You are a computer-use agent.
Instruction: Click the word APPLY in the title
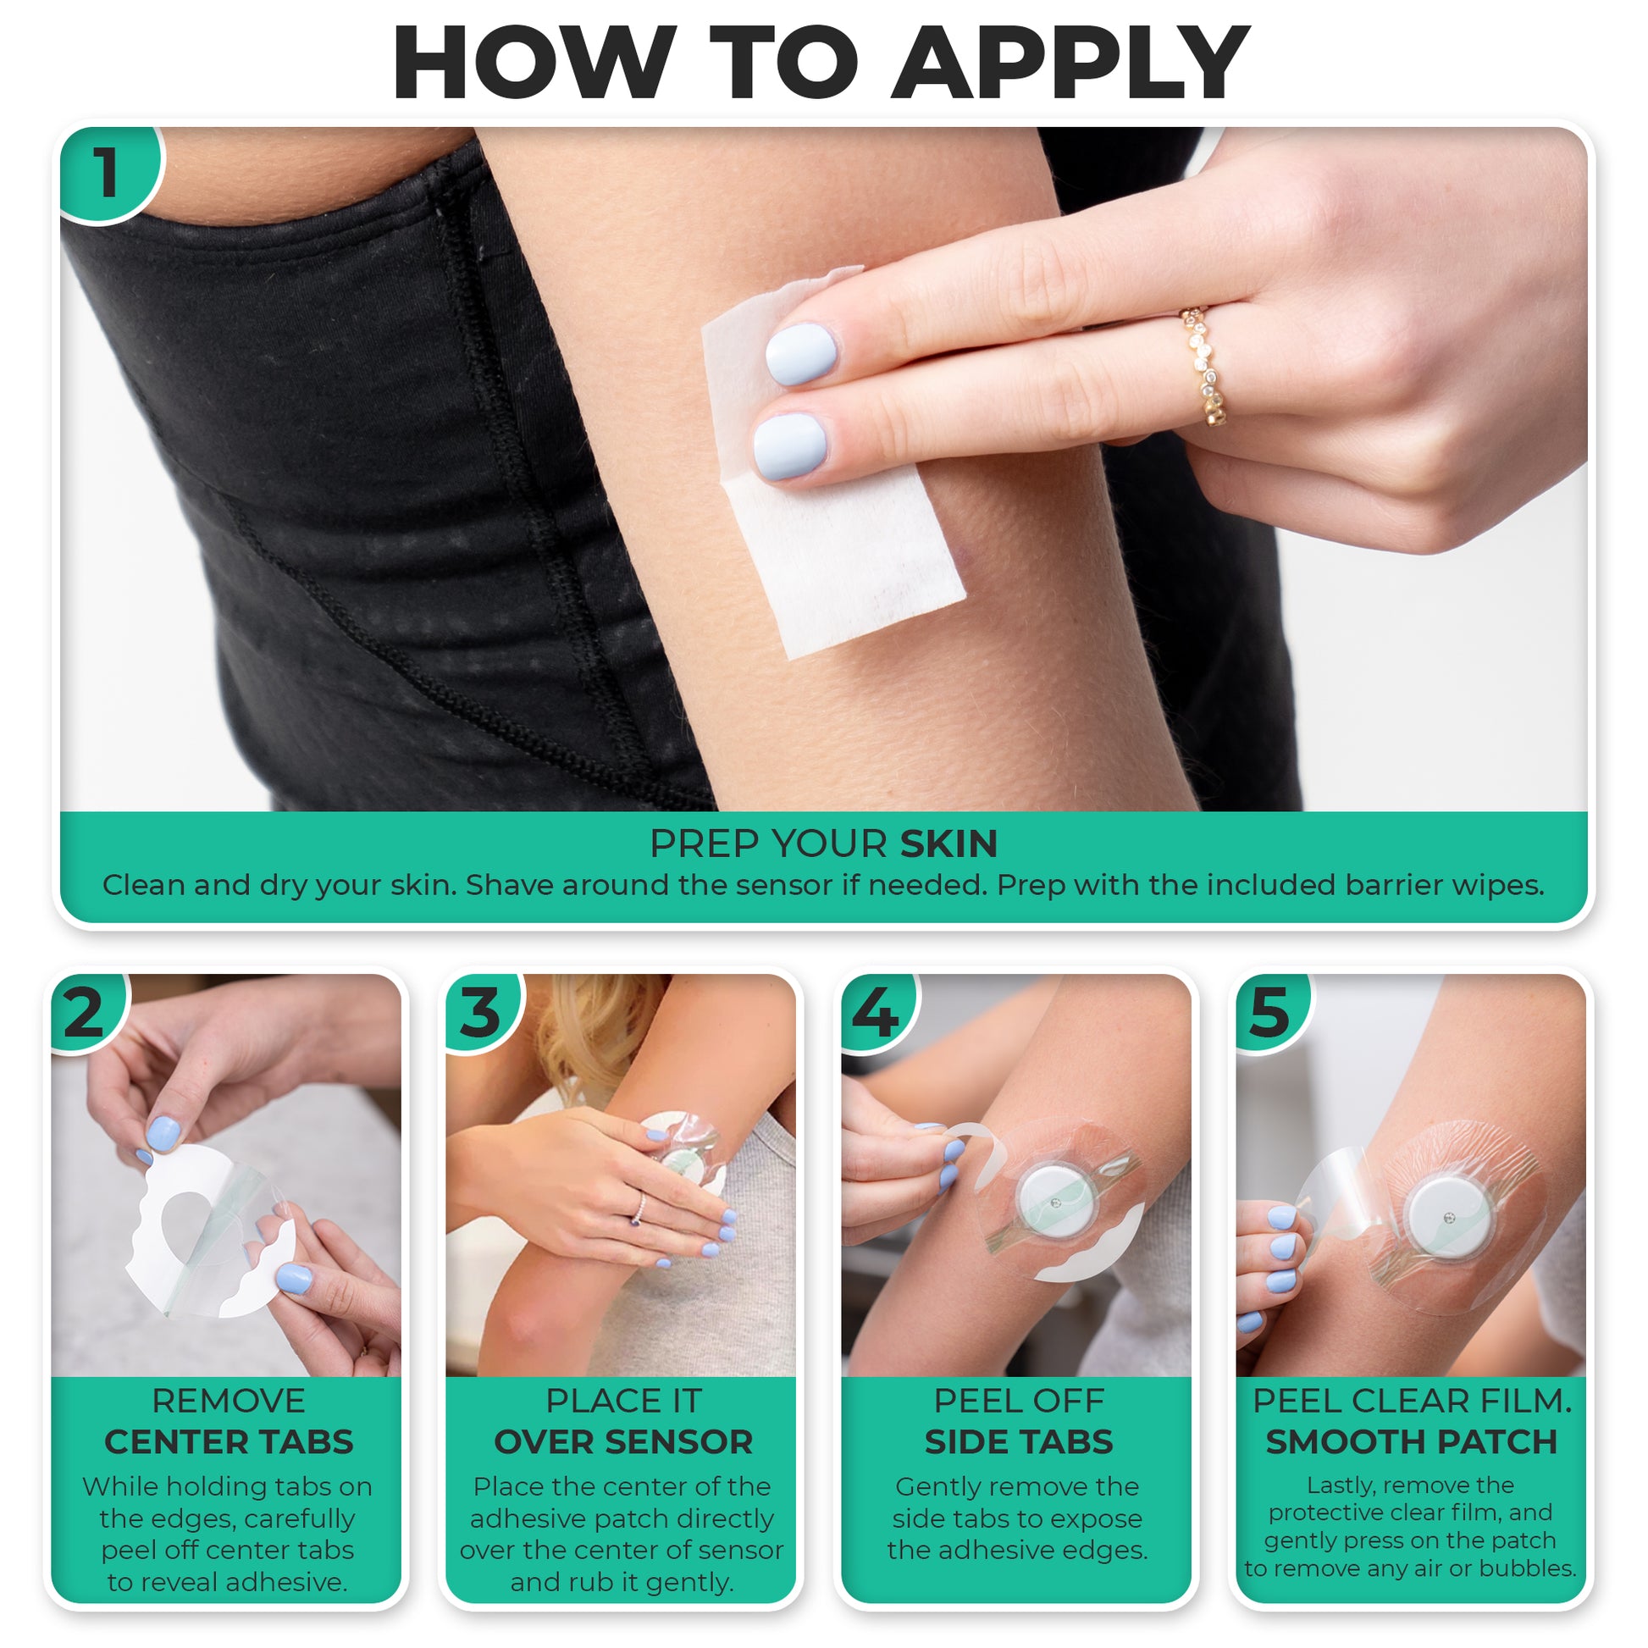[x=1070, y=63]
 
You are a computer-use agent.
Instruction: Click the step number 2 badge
[x=86, y=1012]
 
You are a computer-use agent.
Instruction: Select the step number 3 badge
[x=481, y=1012]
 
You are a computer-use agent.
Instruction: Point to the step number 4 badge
[x=877, y=1012]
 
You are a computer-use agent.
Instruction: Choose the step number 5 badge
[x=1272, y=1012]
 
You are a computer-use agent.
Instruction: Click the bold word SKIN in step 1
[x=948, y=843]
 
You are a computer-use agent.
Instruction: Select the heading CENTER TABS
[x=229, y=1441]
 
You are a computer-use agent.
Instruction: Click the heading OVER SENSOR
[x=623, y=1441]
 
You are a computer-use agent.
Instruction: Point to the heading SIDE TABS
[x=1019, y=1441]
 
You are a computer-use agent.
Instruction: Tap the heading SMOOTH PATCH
[x=1412, y=1441]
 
